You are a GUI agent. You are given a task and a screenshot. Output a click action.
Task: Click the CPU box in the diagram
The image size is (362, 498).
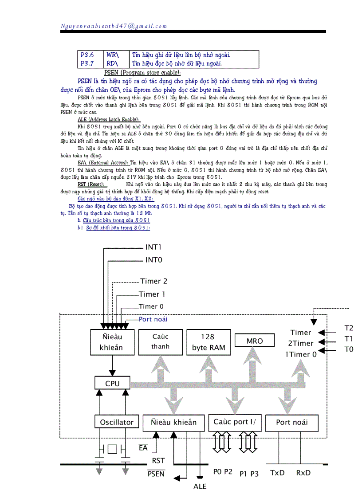[112, 383]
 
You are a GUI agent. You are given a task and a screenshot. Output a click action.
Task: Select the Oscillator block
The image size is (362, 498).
[117, 422]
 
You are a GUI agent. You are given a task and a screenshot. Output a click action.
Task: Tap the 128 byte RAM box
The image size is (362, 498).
[209, 342]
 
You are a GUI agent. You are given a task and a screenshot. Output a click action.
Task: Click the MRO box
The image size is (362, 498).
[255, 341]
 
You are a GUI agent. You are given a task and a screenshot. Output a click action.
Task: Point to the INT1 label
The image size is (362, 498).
[153, 247]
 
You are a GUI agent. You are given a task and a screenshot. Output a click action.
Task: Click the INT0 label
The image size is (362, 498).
[153, 260]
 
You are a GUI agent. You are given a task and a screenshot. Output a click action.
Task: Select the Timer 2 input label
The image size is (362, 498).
[154, 281]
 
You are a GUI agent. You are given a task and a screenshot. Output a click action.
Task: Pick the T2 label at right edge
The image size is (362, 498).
[349, 328]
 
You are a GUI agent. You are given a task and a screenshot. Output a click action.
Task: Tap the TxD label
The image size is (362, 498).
[277, 473]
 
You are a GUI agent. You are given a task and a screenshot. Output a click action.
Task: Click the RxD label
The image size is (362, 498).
[303, 473]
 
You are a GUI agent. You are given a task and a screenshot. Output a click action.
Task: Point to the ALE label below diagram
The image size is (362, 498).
[200, 486]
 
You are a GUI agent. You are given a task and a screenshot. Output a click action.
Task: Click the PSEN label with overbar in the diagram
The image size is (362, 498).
[156, 474]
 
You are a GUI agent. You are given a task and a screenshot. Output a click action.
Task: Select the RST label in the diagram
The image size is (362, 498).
[158, 461]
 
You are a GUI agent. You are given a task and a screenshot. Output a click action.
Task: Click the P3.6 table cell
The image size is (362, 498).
[87, 55]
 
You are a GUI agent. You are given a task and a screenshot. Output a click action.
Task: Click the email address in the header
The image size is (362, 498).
[114, 26]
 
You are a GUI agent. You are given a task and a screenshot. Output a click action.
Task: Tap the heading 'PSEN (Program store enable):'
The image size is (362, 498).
[142, 72]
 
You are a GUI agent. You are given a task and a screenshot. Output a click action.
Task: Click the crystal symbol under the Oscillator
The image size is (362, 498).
[112, 449]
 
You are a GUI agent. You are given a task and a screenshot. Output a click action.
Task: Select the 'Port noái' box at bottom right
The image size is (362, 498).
[291, 422]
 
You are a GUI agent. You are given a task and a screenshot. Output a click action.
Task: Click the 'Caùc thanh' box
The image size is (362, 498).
[160, 341]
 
